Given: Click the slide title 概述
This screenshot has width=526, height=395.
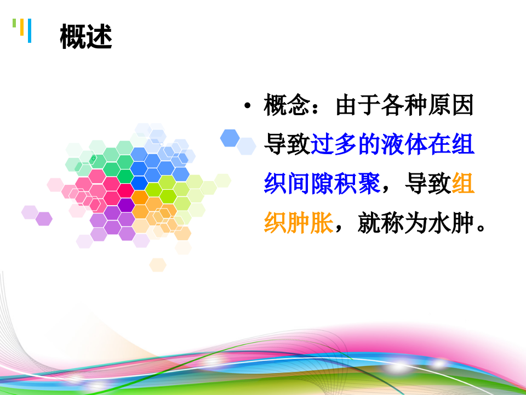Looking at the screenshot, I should point(87,37).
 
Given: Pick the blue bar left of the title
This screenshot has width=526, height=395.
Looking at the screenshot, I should point(29,30).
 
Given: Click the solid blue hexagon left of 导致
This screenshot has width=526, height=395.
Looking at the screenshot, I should point(230,138).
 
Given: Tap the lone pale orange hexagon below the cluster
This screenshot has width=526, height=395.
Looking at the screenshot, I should point(158,264).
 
